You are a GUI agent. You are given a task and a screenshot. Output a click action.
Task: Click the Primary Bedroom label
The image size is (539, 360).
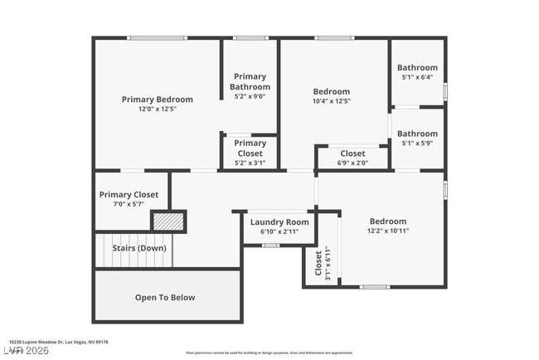[x=157, y=100]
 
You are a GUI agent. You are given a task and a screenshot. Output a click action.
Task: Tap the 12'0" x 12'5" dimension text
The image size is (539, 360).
[x=157, y=109]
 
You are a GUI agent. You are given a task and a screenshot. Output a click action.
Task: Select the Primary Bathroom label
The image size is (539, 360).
[x=250, y=81]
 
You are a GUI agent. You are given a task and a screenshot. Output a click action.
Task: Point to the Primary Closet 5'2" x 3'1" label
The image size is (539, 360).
[x=250, y=148]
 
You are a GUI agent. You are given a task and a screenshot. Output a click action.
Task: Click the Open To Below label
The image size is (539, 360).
[x=165, y=297]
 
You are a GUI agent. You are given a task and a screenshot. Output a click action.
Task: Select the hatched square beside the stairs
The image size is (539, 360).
[x=168, y=221]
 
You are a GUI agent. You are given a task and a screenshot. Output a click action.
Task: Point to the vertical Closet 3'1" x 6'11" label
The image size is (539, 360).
[x=318, y=263]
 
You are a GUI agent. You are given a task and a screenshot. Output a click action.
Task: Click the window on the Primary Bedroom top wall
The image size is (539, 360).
[x=157, y=38]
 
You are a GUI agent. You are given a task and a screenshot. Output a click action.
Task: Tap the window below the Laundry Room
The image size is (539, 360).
[x=270, y=245]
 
